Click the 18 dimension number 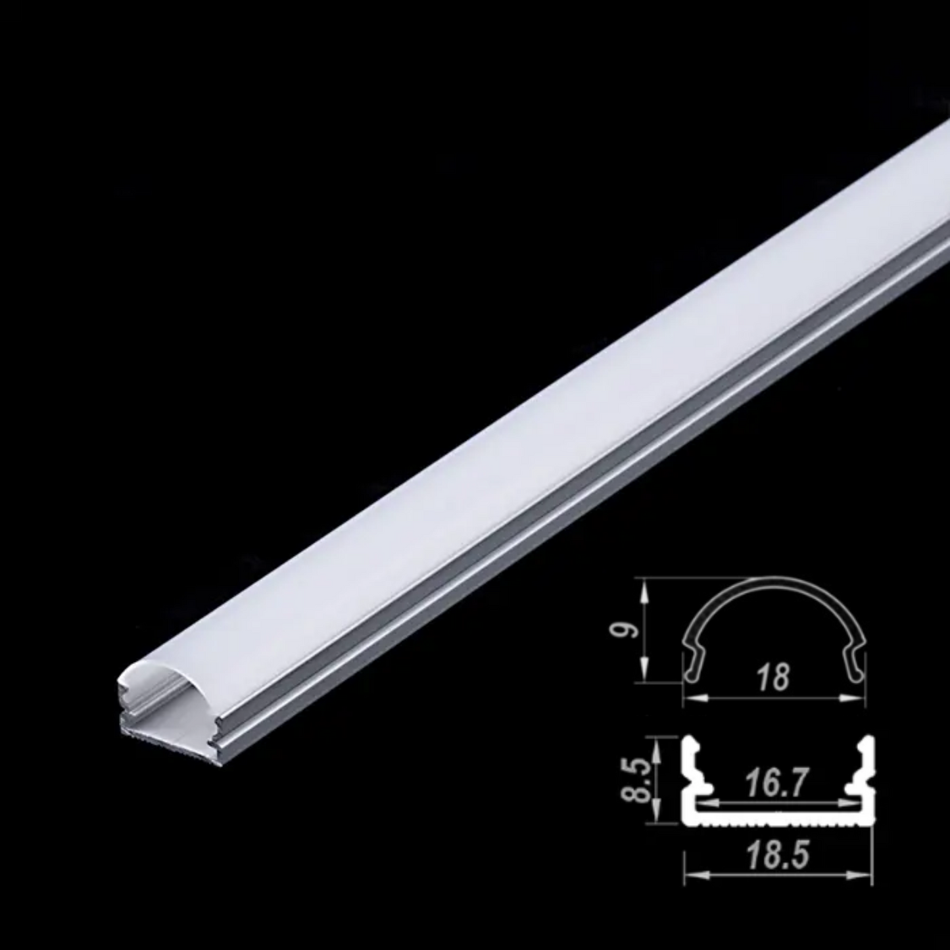click(772, 677)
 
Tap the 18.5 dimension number click(777, 855)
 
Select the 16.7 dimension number click(776, 784)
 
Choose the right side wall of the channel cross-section click(868, 776)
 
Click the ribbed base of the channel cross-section click(779, 819)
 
